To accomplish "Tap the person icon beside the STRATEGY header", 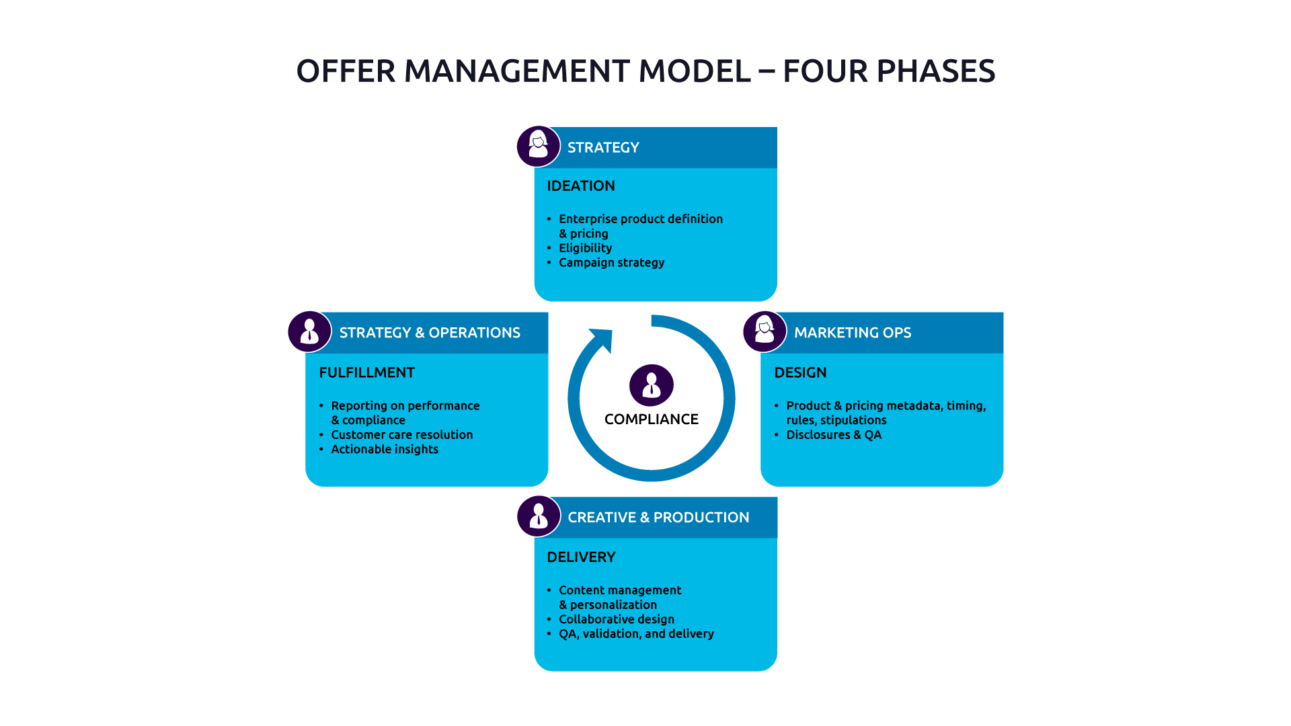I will pyautogui.click(x=538, y=147).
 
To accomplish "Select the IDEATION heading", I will pyautogui.click(x=580, y=186).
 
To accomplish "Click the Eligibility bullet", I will pyautogui.click(x=585, y=248).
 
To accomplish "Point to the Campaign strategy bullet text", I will pyautogui.click(x=611, y=263).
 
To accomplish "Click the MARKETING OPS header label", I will pyautogui.click(x=852, y=333).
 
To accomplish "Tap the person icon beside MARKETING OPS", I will pyautogui.click(x=765, y=331).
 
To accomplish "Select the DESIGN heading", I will pyautogui.click(x=800, y=372).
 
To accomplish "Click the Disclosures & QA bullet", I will pyautogui.click(x=833, y=435).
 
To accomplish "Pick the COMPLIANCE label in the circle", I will pyautogui.click(x=651, y=419).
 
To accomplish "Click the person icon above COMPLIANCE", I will pyautogui.click(x=651, y=385).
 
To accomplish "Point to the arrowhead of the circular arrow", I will pyautogui.click(x=602, y=339).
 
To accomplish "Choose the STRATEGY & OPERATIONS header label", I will pyautogui.click(x=429, y=333).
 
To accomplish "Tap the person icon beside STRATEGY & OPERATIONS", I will pyautogui.click(x=309, y=331).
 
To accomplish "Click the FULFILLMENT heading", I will pyautogui.click(x=366, y=372).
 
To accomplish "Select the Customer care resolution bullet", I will pyautogui.click(x=401, y=435).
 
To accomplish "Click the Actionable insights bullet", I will pyautogui.click(x=384, y=450).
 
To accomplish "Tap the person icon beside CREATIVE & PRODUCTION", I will pyautogui.click(x=538, y=516).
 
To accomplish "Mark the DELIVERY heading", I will pyautogui.click(x=581, y=557).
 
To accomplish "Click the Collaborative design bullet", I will pyautogui.click(x=616, y=620).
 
